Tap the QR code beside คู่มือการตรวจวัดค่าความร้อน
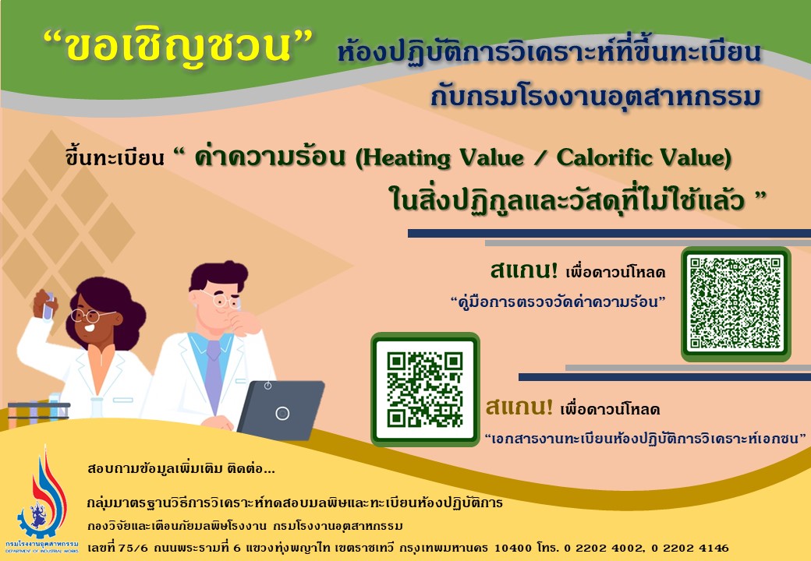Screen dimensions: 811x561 [x=735, y=303]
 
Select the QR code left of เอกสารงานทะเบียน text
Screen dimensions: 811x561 [x=425, y=390]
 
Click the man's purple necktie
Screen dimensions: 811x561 [x=213, y=376]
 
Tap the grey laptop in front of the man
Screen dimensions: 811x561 [x=282, y=410]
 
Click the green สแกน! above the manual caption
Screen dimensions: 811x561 [x=524, y=270]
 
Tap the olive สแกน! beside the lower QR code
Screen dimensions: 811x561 [x=519, y=407]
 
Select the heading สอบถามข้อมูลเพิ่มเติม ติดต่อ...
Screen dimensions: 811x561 [x=181, y=468]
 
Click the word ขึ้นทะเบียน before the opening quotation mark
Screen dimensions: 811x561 [x=115, y=157]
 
